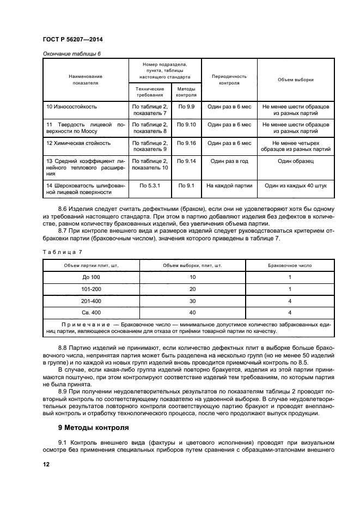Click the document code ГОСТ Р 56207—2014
click(72, 40)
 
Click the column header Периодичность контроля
click(229, 80)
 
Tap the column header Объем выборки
click(295, 80)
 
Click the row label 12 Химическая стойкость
click(78, 143)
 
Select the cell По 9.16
click(186, 143)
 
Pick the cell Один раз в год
click(229, 161)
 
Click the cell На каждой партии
click(229, 185)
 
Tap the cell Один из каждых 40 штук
click(295, 185)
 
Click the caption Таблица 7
click(62, 252)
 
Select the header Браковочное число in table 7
click(290, 265)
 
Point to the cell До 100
click(91, 277)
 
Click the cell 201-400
click(91, 300)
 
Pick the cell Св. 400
click(91, 312)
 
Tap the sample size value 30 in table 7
click(192, 300)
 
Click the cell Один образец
click(295, 161)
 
